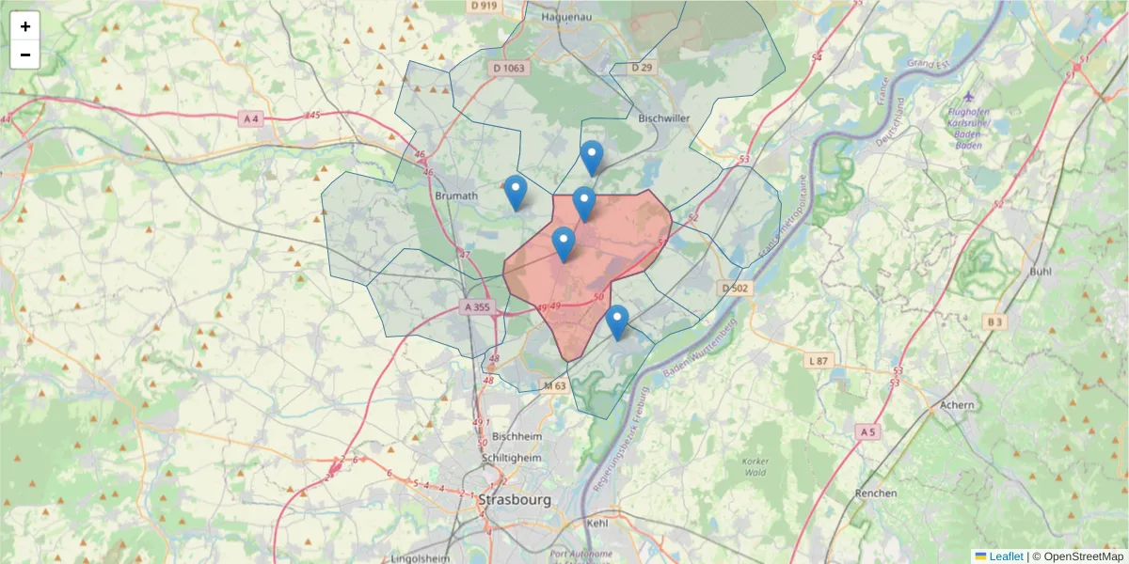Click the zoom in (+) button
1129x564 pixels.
pyautogui.click(x=25, y=26)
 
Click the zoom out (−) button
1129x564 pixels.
pyautogui.click(x=25, y=55)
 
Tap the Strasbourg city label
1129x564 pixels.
pyautogui.click(x=515, y=499)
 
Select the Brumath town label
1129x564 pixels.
pyautogui.click(x=457, y=196)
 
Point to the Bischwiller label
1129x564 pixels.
pyautogui.click(x=664, y=118)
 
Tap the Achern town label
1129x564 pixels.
pyautogui.click(x=957, y=405)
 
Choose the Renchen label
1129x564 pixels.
pyautogui.click(x=876, y=493)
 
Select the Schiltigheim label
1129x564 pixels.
pyautogui.click(x=512, y=457)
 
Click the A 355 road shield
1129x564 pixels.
pyautogui.click(x=477, y=306)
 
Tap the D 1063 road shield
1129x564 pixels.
pyautogui.click(x=509, y=68)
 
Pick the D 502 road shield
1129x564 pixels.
pyautogui.click(x=734, y=288)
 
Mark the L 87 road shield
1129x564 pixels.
pyautogui.click(x=819, y=360)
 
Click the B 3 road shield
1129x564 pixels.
pyautogui.click(x=995, y=321)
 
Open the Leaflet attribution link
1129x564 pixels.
pyautogui.click(x=1005, y=556)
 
